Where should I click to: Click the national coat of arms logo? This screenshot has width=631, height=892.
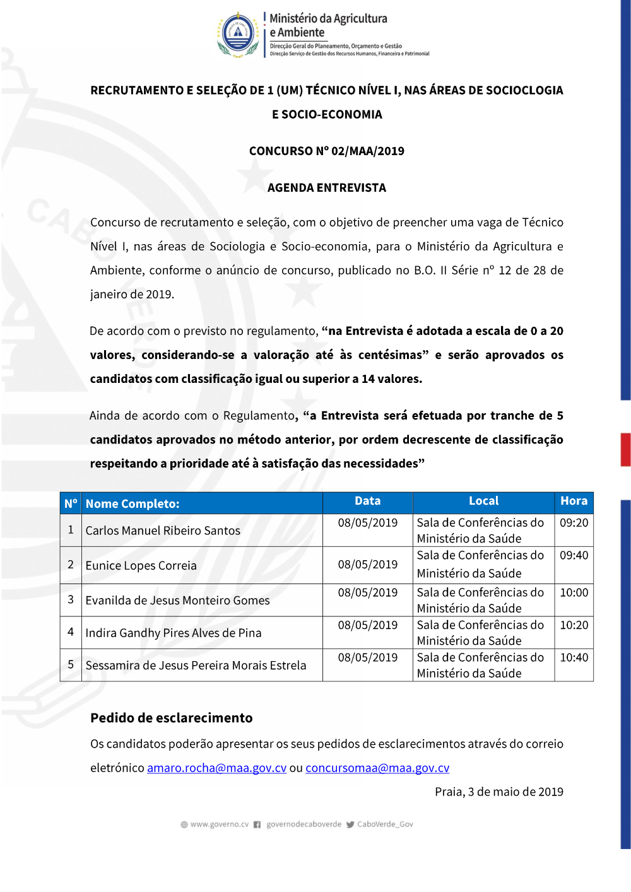click(238, 35)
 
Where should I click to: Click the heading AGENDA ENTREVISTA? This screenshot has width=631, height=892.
click(326, 188)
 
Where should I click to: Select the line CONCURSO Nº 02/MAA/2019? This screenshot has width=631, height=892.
click(326, 151)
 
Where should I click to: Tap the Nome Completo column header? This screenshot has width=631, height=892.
click(133, 504)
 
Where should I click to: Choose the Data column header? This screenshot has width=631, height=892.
click(367, 501)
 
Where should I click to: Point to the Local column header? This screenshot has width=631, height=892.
click(483, 501)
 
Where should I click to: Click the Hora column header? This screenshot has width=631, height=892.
click(574, 501)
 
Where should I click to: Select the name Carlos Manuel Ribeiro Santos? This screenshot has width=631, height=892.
click(163, 531)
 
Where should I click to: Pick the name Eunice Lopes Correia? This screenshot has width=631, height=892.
click(141, 566)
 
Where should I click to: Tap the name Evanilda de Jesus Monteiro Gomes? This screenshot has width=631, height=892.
click(177, 601)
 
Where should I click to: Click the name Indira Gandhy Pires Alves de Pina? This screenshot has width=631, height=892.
click(173, 633)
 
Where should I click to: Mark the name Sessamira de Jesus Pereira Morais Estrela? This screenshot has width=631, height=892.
click(196, 666)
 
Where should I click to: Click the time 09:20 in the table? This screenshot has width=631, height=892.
click(574, 523)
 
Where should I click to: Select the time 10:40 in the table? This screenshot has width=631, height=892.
click(574, 658)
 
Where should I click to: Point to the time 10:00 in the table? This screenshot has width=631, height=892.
click(574, 593)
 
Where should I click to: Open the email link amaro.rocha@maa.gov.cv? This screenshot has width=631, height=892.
click(216, 768)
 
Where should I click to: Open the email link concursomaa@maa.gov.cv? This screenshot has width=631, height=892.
click(377, 768)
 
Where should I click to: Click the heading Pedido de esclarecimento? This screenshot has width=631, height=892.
click(171, 718)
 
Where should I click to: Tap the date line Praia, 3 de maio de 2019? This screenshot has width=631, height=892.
click(498, 792)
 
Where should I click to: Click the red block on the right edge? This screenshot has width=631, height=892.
click(625, 450)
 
